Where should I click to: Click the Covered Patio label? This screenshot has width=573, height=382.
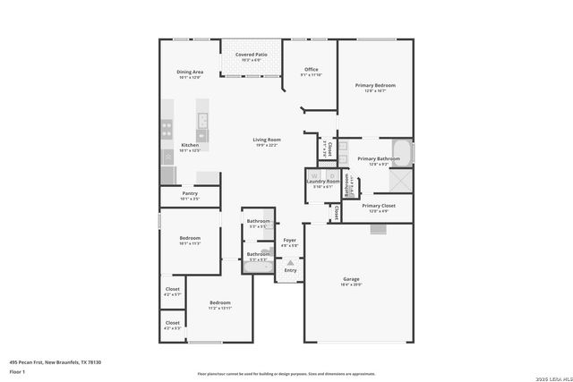(251, 55)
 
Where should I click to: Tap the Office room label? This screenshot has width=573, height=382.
(311, 70)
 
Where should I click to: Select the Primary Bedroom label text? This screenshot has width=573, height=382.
(375, 86)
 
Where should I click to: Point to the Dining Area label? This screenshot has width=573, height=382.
(190, 72)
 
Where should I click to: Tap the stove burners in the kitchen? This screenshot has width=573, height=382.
(167, 129)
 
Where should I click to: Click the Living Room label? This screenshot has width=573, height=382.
(266, 140)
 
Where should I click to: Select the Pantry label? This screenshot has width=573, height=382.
(190, 193)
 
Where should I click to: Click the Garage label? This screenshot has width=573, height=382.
(351, 279)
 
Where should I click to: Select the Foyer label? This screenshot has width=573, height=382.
(289, 241)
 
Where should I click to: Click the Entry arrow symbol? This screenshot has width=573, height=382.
(289, 262)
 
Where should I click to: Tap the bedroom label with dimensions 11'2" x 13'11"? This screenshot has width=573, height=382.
(220, 303)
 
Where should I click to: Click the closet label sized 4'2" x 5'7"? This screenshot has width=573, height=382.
(172, 290)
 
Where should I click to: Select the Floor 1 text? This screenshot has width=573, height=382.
(17, 370)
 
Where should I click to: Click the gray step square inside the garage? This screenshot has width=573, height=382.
(378, 229)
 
